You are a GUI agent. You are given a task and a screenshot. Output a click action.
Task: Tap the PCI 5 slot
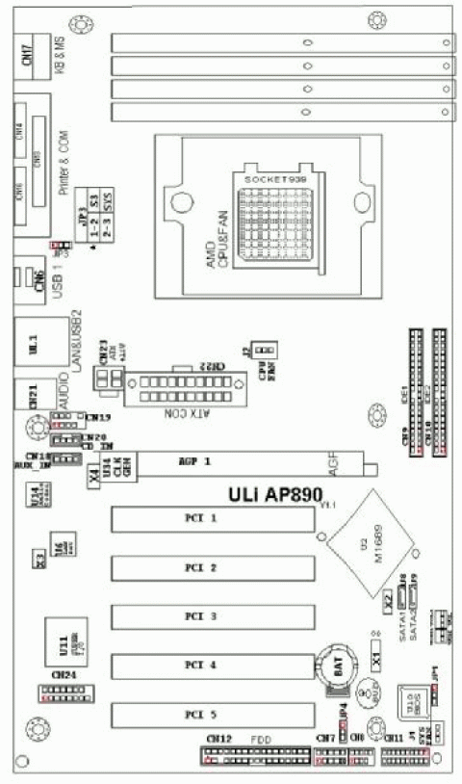click(213, 715)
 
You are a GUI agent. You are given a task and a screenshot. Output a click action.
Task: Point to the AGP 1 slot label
click(195, 462)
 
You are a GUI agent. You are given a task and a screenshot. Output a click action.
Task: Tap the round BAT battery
click(338, 666)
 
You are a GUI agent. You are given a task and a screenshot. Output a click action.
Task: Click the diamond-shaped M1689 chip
click(370, 545)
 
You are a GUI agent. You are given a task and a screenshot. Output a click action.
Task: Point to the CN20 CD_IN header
click(65, 440)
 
